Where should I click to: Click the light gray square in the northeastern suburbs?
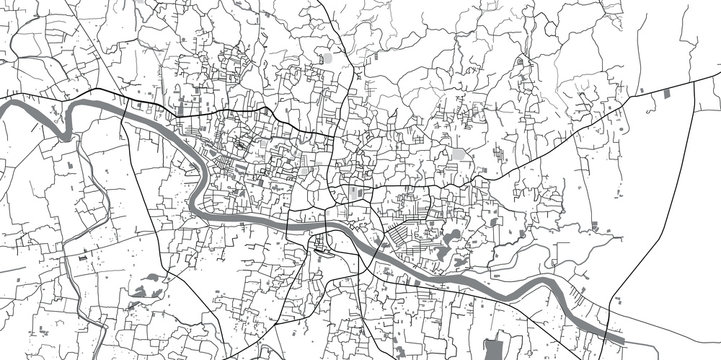[x=459, y=156]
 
